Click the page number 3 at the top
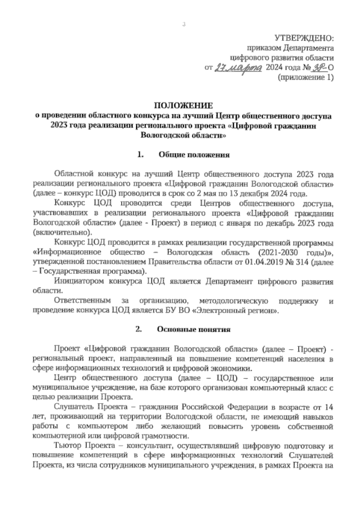tap(184, 25)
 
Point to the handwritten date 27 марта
tap(238, 68)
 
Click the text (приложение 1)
tap(305, 78)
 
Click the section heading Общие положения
tap(194, 155)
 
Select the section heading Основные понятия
tap(194, 329)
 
